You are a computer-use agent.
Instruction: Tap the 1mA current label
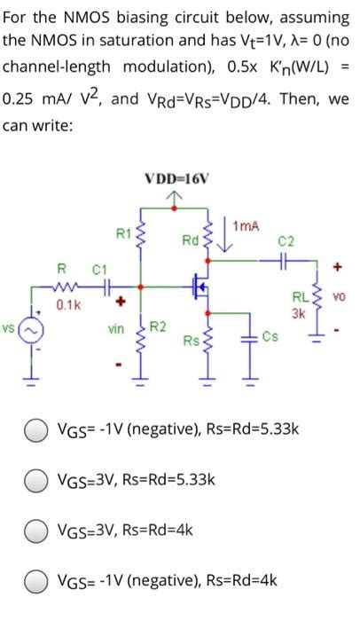245,228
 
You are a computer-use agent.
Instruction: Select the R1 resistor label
125,234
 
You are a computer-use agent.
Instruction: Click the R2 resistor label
157,327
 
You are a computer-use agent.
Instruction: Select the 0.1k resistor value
63,304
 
